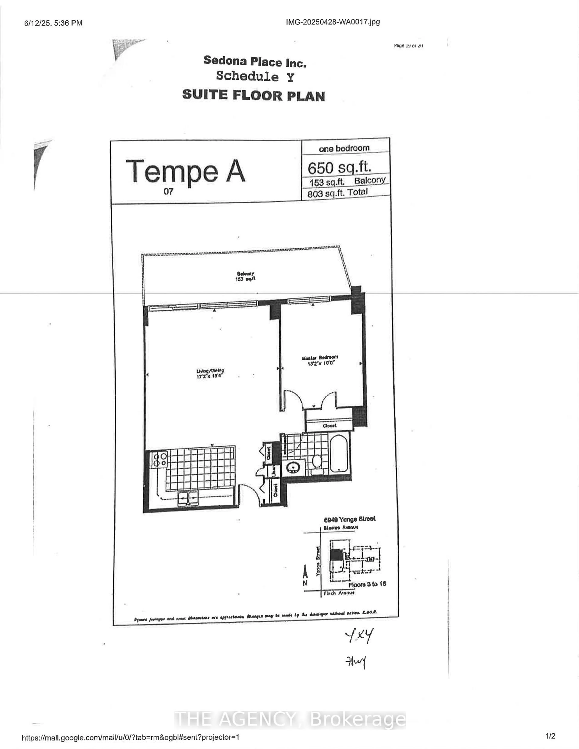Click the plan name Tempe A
coord(185,171)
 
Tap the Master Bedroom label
coord(320,360)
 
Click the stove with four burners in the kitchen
coord(160,460)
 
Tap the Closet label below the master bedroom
coord(329,426)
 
